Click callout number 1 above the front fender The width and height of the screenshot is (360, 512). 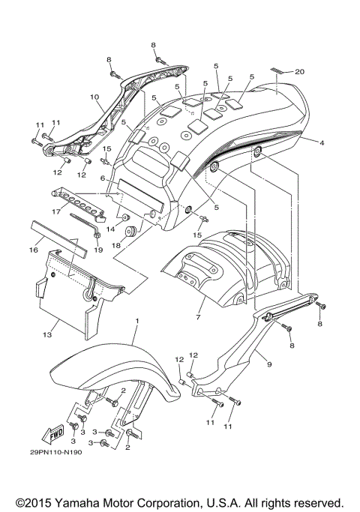(x=137, y=320)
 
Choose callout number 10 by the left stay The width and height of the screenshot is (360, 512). (x=94, y=97)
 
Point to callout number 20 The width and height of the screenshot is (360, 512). (x=299, y=72)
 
